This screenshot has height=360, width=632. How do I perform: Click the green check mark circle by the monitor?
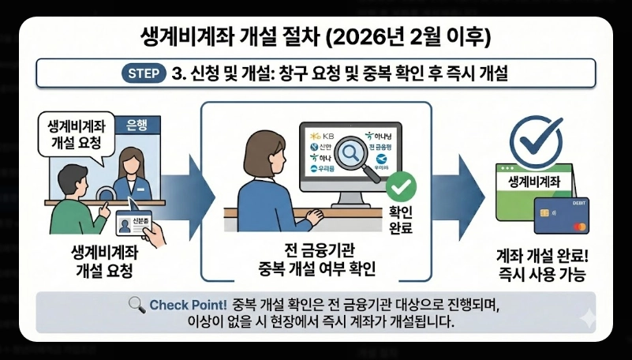402,188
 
